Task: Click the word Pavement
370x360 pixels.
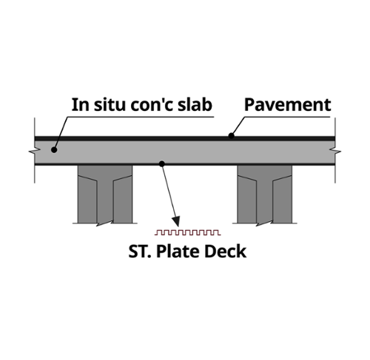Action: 287,105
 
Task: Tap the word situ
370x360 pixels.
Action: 110,104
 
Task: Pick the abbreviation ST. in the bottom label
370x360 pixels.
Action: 140,251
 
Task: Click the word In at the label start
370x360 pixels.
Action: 80,105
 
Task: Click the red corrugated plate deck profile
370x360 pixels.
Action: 188,232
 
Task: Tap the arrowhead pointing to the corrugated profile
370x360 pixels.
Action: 177,221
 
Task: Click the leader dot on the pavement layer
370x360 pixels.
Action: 231,136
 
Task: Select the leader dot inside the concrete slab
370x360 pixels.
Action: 54,149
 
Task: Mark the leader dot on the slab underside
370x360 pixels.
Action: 162,163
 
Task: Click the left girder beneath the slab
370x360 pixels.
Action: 105,194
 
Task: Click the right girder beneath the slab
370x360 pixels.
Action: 265,194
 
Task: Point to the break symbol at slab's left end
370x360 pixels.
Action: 35,151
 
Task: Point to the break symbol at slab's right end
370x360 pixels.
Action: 335,151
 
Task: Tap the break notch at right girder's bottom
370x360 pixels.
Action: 264,223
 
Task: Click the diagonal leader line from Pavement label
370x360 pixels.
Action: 238,126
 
